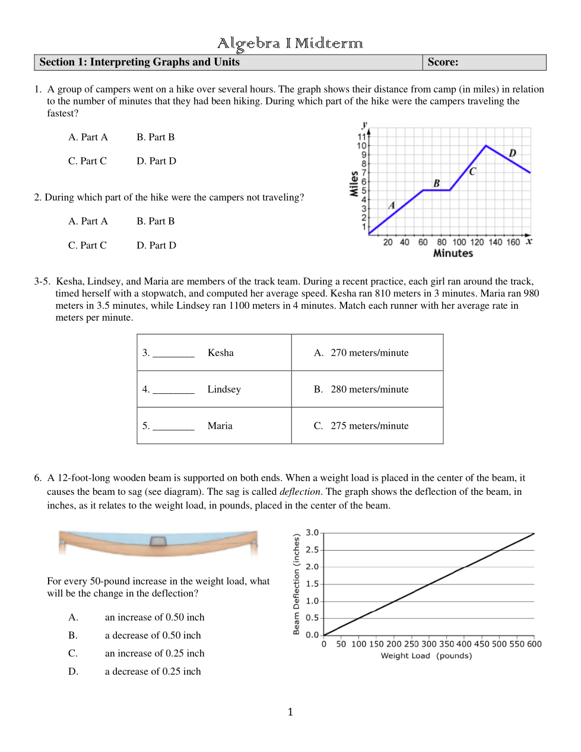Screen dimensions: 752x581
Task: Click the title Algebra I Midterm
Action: coord(290,43)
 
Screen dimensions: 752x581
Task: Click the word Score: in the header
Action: coord(443,62)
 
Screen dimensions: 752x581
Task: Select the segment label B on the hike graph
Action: coord(437,184)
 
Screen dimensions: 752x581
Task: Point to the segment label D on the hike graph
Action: coord(512,153)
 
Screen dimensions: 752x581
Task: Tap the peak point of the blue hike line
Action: coord(486,146)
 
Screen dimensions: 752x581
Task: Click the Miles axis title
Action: coord(354,184)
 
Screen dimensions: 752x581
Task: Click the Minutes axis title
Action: coord(453,254)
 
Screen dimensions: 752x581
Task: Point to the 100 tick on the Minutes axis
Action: coord(459,242)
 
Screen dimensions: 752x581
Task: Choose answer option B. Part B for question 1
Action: coord(155,137)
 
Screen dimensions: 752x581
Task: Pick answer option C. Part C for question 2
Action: coord(87,245)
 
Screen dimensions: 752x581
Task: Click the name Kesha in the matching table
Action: coord(221,353)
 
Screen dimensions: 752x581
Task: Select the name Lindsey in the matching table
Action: coord(224,390)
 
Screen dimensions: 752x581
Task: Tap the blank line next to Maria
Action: coord(173,426)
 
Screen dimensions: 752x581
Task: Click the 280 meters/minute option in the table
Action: coord(369,390)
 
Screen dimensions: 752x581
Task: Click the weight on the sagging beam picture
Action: coord(158,541)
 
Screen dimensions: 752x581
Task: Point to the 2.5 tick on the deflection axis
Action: coord(312,550)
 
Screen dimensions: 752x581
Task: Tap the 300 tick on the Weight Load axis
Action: coord(428,644)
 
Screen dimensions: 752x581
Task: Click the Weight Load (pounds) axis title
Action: coord(426,656)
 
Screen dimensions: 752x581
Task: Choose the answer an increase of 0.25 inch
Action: coord(154,653)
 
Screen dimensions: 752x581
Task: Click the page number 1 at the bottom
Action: coord(290,712)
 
